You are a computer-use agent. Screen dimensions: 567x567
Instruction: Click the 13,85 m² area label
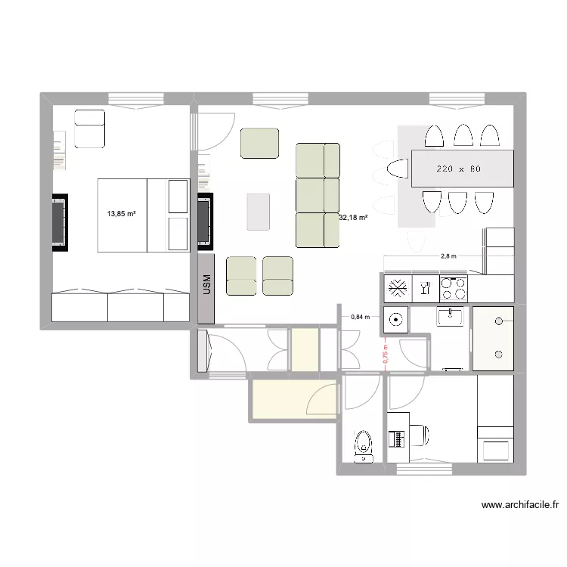point(121,214)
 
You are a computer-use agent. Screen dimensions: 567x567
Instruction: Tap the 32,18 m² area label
point(353,218)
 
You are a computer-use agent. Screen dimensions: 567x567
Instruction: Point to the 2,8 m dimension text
point(448,256)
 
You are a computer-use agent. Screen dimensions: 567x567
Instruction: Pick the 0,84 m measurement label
point(360,318)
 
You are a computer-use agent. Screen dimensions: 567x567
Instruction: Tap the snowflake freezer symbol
point(397,287)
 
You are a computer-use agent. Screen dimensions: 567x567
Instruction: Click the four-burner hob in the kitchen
point(454,287)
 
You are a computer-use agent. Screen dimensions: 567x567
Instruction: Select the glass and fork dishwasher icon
point(425,287)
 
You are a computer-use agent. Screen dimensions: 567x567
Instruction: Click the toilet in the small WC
point(364,446)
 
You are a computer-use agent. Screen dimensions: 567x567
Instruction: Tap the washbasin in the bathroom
point(454,318)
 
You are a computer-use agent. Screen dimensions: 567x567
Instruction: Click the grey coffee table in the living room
point(258,211)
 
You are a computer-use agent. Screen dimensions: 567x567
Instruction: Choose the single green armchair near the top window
point(259,143)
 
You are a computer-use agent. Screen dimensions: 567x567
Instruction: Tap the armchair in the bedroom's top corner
point(89,128)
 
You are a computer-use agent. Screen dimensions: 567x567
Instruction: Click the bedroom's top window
point(135,98)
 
